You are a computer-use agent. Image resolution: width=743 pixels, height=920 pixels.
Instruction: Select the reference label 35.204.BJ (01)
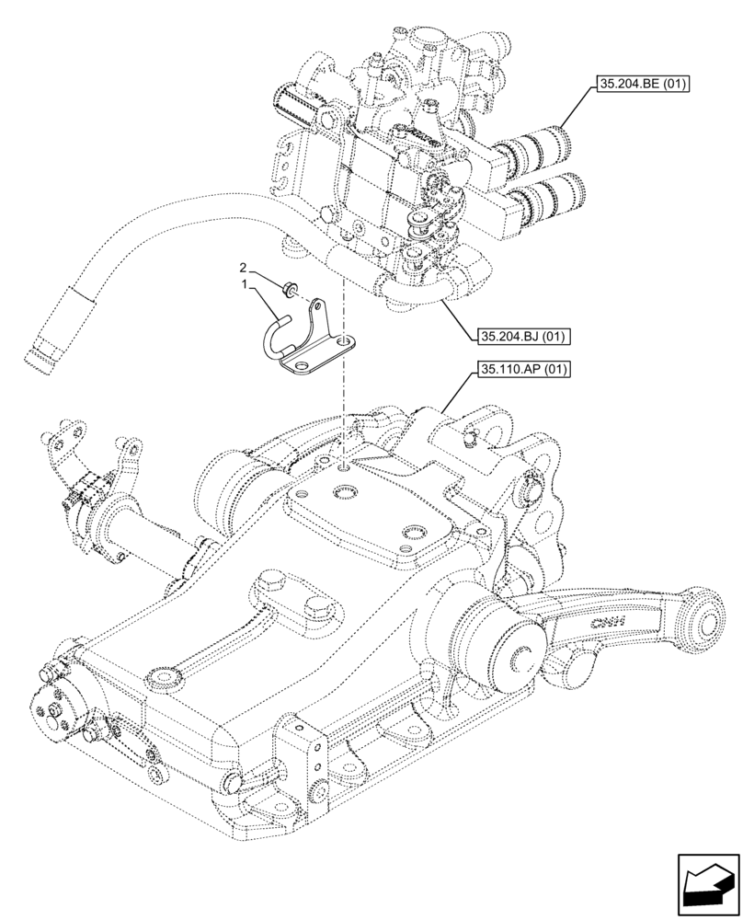point(521,336)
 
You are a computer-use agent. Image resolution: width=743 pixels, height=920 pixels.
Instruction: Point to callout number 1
point(244,287)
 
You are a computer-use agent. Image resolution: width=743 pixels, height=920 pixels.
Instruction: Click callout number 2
point(244,268)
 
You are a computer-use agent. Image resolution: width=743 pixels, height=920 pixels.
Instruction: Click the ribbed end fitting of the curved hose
point(46,351)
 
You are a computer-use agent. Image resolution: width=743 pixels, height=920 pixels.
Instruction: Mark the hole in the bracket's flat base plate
point(344,344)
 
